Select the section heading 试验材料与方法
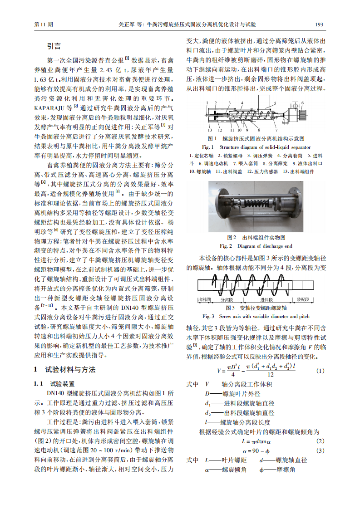pos(70,370)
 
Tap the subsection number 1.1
pos(39,383)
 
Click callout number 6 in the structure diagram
pos(301,103)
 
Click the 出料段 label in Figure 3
pos(204,300)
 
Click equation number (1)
pos(320,358)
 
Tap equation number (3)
pos(320,450)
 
